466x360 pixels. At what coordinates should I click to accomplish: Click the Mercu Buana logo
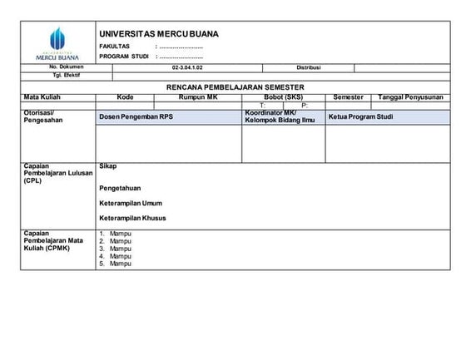[x=57, y=42]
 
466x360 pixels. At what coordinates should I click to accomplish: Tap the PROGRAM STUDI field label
[x=124, y=57]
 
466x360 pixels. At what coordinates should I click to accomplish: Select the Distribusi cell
[x=308, y=67]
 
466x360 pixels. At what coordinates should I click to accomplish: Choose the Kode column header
[x=126, y=97]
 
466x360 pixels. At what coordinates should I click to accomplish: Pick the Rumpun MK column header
[x=197, y=97]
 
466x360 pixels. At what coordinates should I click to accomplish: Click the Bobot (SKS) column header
[x=283, y=97]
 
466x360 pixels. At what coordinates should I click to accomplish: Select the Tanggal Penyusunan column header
[x=410, y=97]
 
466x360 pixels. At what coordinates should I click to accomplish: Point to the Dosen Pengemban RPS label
[x=136, y=117]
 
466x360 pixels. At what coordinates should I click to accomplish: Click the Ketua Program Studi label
[x=360, y=117]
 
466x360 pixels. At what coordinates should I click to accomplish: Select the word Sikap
[x=107, y=166]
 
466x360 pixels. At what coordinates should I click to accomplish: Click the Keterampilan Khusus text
[x=132, y=218]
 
